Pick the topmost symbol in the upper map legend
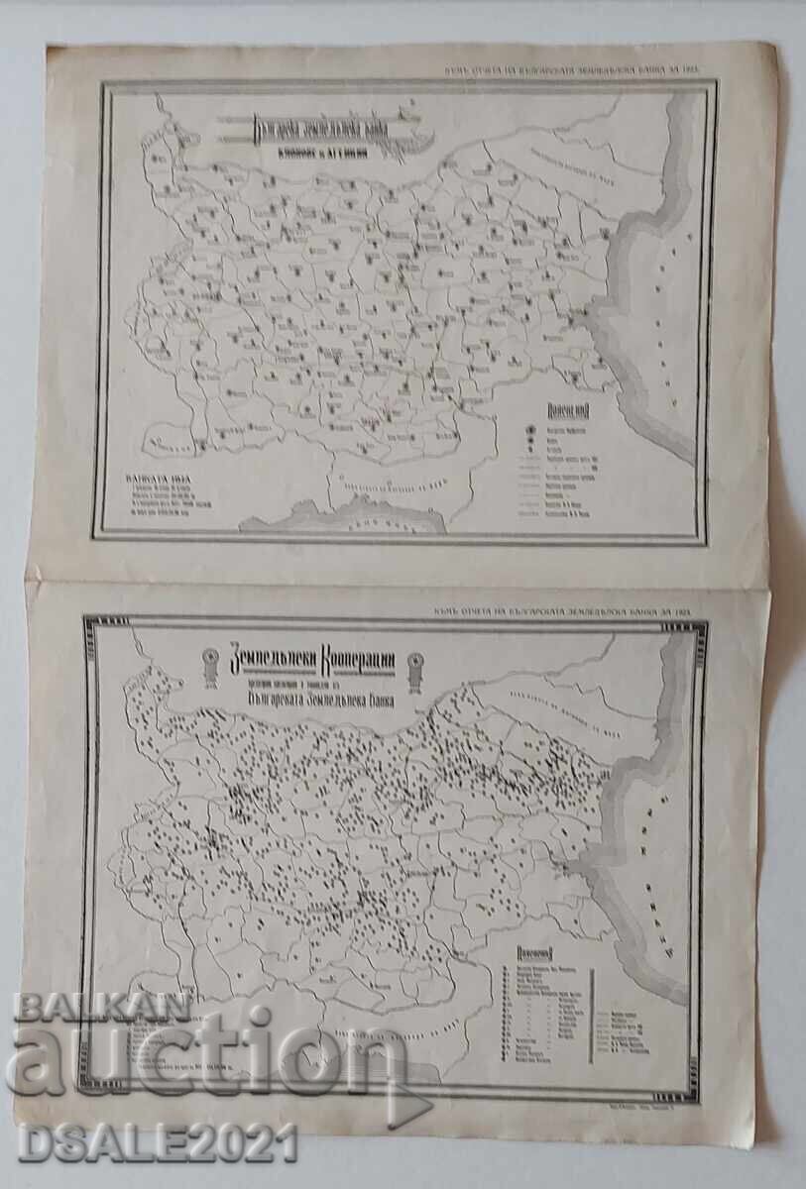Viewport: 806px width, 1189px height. pos(530,432)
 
